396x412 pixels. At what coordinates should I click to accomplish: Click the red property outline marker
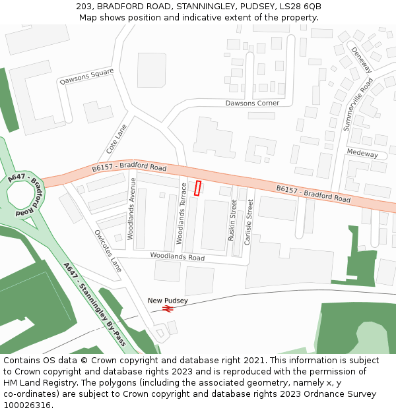(x=197, y=188)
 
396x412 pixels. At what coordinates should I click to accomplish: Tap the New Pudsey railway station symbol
(x=168, y=309)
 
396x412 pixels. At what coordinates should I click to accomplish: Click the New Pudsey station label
(x=168, y=301)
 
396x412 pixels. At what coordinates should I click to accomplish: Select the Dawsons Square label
(x=86, y=77)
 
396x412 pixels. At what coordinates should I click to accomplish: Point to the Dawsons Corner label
(x=252, y=103)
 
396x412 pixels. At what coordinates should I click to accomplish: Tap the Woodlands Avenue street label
(x=131, y=208)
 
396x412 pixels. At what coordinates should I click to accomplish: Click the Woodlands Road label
(x=177, y=256)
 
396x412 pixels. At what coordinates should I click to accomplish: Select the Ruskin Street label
(x=232, y=220)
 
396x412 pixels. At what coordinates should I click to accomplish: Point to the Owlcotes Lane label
(x=108, y=250)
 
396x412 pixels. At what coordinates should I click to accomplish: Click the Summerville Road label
(x=358, y=103)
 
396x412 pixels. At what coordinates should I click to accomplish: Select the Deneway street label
(x=361, y=59)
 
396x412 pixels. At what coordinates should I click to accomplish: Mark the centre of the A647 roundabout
(x=22, y=194)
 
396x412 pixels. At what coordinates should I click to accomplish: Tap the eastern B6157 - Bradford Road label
(x=313, y=194)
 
